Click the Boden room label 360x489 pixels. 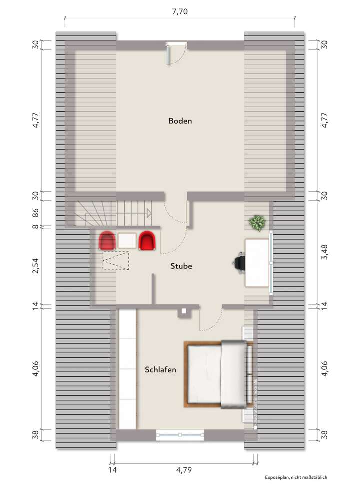pyautogui.click(x=180, y=121)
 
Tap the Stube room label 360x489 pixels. pyautogui.click(x=180, y=266)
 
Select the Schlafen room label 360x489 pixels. pyautogui.click(x=160, y=370)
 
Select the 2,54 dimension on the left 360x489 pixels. pyautogui.click(x=35, y=266)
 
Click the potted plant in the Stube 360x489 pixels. pyautogui.click(x=258, y=223)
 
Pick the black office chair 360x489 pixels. pyautogui.click(x=239, y=262)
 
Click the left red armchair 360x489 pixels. pyautogui.click(x=107, y=241)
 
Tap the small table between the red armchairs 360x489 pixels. pyautogui.click(x=127, y=241)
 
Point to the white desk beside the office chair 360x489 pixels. pyautogui.click(x=257, y=262)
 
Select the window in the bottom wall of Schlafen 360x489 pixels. pyautogui.click(x=180, y=435)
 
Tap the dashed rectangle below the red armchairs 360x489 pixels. pyautogui.click(x=115, y=260)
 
